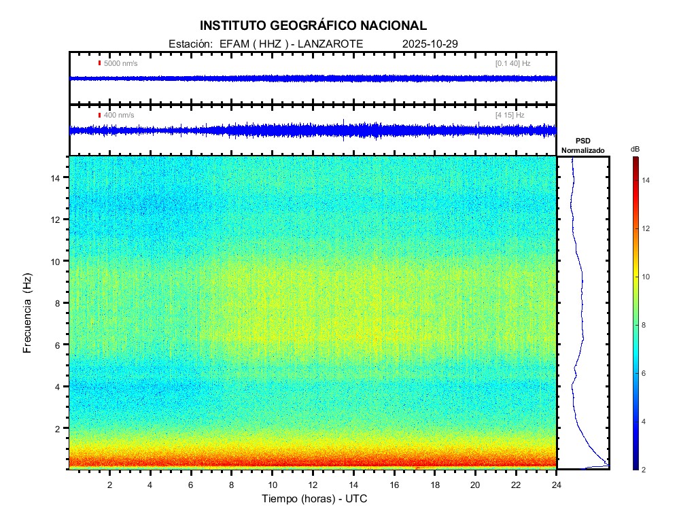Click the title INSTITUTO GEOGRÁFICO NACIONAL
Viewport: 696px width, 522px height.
pyautogui.click(x=313, y=26)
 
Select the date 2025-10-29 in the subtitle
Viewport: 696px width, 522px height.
pyautogui.click(x=430, y=43)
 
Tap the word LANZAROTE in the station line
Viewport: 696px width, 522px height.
pyautogui.click(x=330, y=43)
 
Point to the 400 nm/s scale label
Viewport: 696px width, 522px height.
pyautogui.click(x=119, y=116)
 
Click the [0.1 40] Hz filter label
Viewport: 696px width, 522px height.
pyautogui.click(x=512, y=63)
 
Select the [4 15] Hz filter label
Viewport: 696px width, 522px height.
pyautogui.click(x=510, y=116)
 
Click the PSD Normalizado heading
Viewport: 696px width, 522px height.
pyautogui.click(x=582, y=145)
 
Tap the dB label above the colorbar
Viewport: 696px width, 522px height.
pyautogui.click(x=635, y=149)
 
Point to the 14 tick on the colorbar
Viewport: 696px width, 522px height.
pyautogui.click(x=648, y=180)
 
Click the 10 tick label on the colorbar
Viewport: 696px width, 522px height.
pyautogui.click(x=648, y=277)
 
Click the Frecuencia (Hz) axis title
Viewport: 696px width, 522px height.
pyautogui.click(x=28, y=317)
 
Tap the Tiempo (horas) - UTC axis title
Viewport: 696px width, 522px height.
pyautogui.click(x=315, y=499)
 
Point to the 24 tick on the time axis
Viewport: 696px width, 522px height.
pyautogui.click(x=556, y=484)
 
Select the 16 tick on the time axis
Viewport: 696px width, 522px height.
pyautogui.click(x=394, y=484)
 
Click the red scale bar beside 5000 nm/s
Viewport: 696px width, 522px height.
pyautogui.click(x=99, y=63)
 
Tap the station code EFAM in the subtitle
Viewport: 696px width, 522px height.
pyautogui.click(x=233, y=43)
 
